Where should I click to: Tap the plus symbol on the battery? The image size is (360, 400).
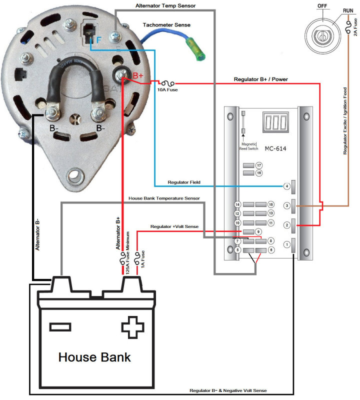point(132,327)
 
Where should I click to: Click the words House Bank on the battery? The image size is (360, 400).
point(94,357)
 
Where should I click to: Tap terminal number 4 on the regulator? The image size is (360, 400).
point(287,186)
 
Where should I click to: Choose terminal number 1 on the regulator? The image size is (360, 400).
point(287,244)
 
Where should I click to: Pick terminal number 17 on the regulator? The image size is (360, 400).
point(259,165)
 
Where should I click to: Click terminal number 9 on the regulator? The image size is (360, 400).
point(258,232)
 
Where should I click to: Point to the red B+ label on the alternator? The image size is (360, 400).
point(138,75)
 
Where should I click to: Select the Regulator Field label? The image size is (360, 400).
point(184,182)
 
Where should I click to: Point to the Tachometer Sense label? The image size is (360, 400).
point(166,24)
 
